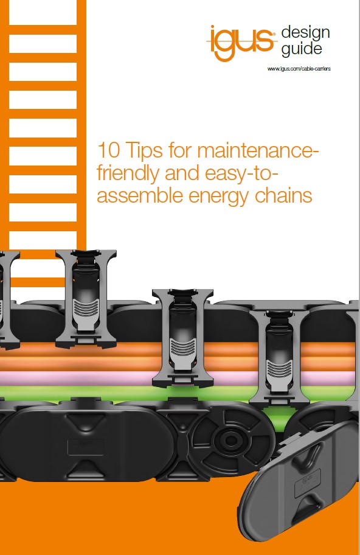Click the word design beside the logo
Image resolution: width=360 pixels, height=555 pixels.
[305, 33]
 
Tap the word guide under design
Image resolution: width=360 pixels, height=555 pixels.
[302, 49]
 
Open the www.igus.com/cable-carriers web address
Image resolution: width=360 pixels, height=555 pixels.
[299, 69]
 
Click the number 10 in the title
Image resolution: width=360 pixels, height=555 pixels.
[109, 150]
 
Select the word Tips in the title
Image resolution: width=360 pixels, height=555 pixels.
[144, 151]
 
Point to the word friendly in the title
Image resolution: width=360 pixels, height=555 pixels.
[128, 174]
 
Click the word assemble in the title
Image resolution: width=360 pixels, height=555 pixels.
[140, 195]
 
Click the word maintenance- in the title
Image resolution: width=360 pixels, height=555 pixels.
[258, 150]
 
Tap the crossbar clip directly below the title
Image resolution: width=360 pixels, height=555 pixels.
[182, 338]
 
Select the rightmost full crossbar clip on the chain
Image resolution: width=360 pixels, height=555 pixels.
[279, 357]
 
